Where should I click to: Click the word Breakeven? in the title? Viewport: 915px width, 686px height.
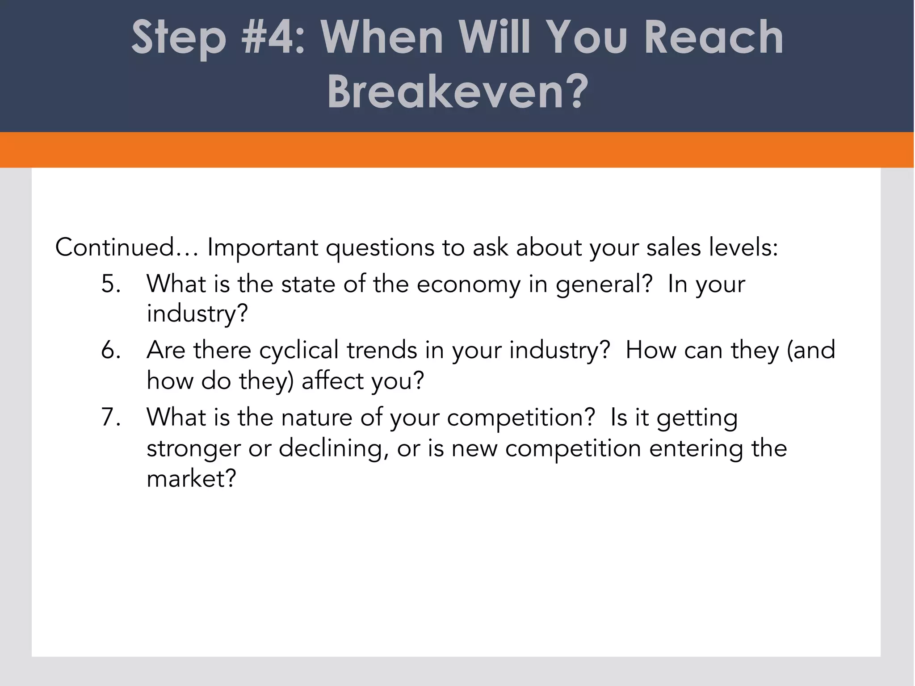click(x=457, y=92)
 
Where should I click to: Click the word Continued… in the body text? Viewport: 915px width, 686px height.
click(x=127, y=247)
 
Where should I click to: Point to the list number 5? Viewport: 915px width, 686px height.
click(x=110, y=284)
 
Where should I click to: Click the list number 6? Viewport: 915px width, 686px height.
click(x=110, y=350)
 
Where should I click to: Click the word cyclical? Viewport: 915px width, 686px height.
click(x=298, y=351)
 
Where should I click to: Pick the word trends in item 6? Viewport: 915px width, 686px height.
click(x=382, y=350)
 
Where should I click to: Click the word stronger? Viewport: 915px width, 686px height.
click(x=193, y=449)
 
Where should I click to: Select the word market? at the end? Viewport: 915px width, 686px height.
click(x=191, y=479)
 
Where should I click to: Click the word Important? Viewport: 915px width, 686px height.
click(x=263, y=248)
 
